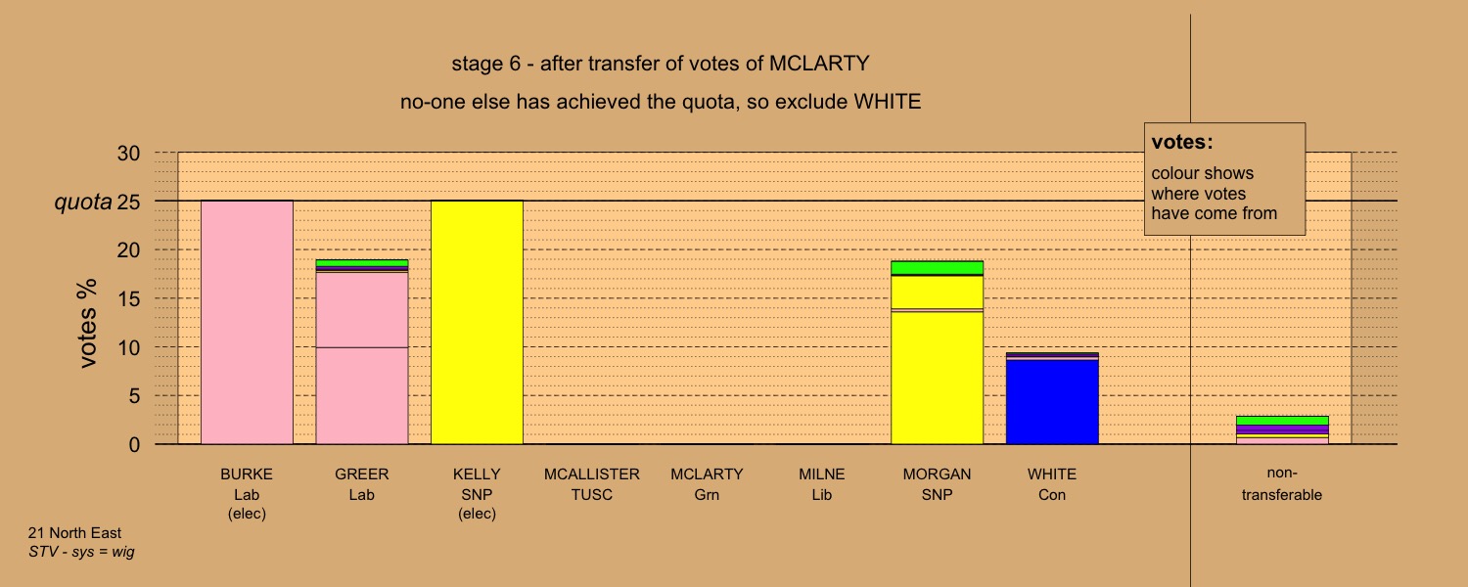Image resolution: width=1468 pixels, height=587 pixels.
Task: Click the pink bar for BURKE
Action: click(x=247, y=322)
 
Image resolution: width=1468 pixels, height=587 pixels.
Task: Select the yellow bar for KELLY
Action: click(x=478, y=322)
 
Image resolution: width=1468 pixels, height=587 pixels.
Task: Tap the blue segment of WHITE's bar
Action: click(x=1052, y=402)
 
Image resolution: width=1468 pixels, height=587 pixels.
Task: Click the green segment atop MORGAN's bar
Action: click(x=938, y=268)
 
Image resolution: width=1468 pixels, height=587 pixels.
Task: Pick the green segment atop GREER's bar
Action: click(x=362, y=263)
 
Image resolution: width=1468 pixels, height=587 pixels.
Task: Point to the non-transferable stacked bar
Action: click(x=1282, y=430)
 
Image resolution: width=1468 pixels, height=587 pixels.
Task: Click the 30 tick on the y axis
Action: click(x=128, y=154)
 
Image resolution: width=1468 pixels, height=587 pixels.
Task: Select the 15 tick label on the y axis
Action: click(x=128, y=298)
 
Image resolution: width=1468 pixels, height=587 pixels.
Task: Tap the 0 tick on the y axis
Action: click(x=134, y=445)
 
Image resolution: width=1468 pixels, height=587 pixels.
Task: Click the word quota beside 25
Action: click(x=82, y=203)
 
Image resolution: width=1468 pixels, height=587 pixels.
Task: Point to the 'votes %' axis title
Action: click(x=87, y=324)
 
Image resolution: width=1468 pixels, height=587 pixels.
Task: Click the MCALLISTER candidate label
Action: click(x=592, y=474)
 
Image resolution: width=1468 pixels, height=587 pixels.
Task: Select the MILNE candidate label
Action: click(x=822, y=474)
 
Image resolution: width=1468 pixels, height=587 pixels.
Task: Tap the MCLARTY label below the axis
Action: click(x=708, y=474)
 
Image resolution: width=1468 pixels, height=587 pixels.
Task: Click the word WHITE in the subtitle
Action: click(x=887, y=102)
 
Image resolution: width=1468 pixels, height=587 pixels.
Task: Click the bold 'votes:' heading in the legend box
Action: click(x=1182, y=142)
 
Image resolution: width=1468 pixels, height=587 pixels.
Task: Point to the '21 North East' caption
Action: click(x=74, y=533)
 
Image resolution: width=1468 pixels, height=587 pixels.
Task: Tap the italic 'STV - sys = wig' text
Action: click(x=81, y=552)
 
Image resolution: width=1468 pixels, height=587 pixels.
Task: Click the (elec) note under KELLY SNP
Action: click(x=478, y=514)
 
